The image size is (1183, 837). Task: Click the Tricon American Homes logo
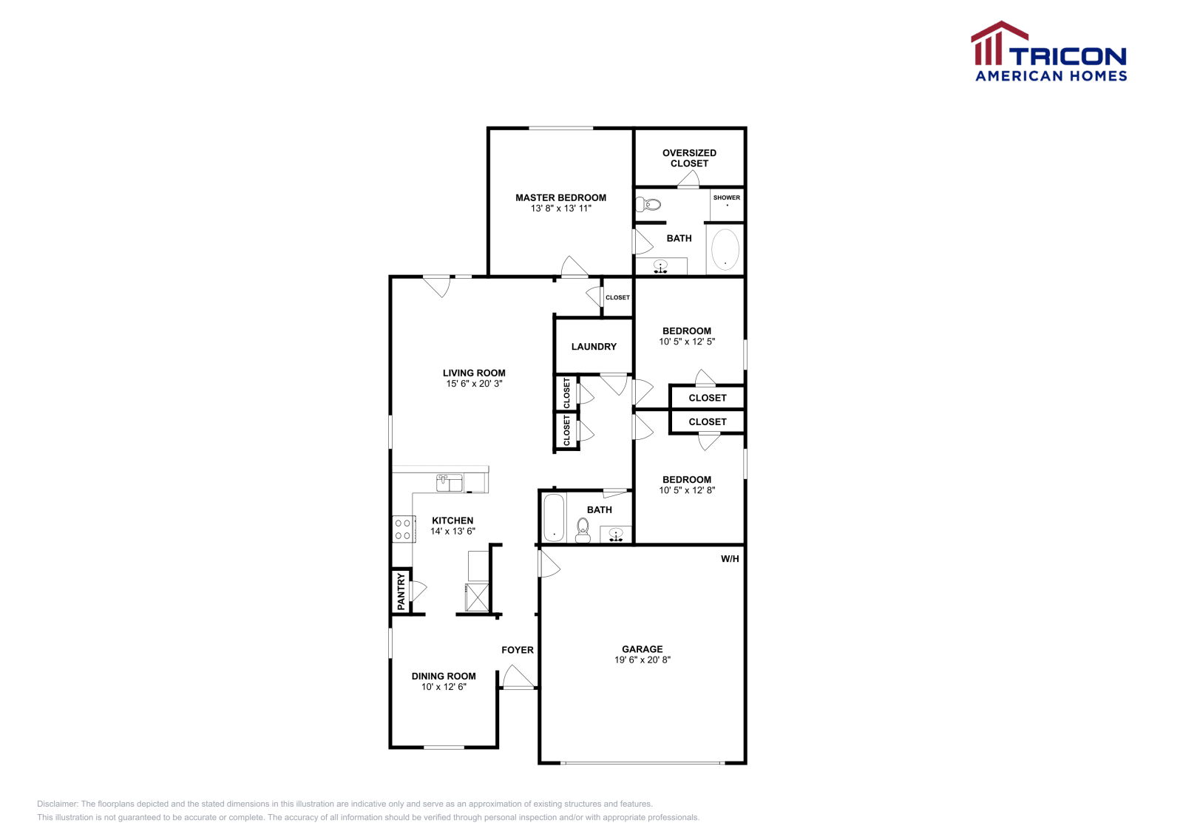coord(1048,52)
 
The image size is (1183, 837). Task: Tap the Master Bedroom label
coord(560,197)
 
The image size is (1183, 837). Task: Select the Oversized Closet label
coord(689,158)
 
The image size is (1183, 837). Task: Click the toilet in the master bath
coord(649,204)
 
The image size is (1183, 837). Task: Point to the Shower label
coord(726,197)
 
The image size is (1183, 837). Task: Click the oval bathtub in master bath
coord(725,250)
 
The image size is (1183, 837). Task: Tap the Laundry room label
coord(594,347)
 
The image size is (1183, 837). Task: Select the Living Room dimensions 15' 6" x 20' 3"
coord(474,384)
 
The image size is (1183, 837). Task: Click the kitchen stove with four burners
coord(403,529)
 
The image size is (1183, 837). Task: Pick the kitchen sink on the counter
coord(449,483)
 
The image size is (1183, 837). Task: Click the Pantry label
coord(401,592)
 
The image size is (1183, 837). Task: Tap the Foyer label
coord(517,650)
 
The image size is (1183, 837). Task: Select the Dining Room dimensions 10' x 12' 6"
coord(444,687)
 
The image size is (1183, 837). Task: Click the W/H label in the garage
coord(730,559)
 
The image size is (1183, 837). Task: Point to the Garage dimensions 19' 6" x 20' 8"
coord(642,660)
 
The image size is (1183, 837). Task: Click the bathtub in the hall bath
coord(554,518)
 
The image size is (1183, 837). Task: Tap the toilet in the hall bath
coord(583,529)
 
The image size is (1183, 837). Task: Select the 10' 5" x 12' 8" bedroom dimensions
coord(687,490)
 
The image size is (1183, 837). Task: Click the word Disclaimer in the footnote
coord(58,804)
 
